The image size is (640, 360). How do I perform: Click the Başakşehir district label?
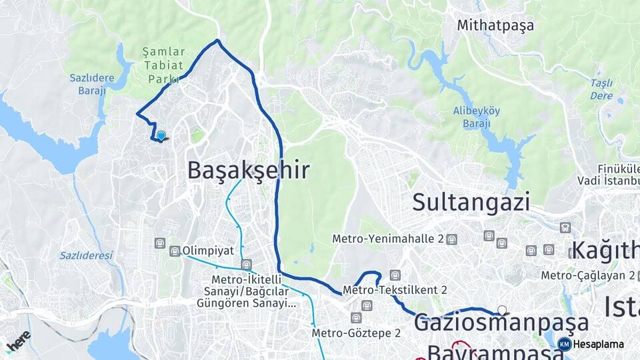pyautogui.click(x=248, y=170)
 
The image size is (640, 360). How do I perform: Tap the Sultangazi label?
pyautogui.click(x=471, y=201)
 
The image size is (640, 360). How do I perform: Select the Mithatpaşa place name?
pyautogui.click(x=495, y=26)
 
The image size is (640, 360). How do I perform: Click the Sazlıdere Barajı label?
pyautogui.click(x=92, y=85)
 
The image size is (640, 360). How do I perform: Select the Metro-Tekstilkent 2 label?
pyautogui.click(x=395, y=290)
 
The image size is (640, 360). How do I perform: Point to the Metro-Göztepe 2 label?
pyautogui.click(x=356, y=333)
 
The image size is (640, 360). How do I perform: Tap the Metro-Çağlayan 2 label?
pyautogui.click(x=587, y=275)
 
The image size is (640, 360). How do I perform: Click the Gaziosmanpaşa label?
pyautogui.click(x=501, y=323)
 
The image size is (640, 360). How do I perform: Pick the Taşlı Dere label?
pyautogui.click(x=601, y=89)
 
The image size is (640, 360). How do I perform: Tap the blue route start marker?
pyautogui.click(x=161, y=136)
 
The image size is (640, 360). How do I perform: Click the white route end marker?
pyautogui.click(x=502, y=310)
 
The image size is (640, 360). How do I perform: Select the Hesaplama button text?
pyautogui.click(x=599, y=345)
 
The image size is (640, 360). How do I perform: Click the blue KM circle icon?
pyautogui.click(x=564, y=345)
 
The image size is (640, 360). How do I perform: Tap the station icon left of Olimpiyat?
pyautogui.click(x=175, y=251)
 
